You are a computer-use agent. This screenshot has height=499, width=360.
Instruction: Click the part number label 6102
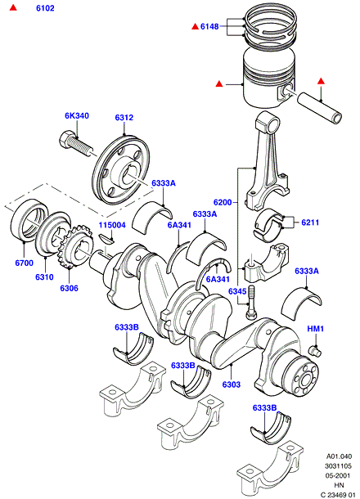point(45,8)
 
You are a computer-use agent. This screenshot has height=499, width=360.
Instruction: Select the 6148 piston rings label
point(209,26)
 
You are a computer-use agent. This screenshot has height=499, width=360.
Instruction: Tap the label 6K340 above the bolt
point(77,116)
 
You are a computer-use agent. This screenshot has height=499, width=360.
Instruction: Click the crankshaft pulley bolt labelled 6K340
point(76,146)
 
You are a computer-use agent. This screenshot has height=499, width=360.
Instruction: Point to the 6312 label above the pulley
point(124,118)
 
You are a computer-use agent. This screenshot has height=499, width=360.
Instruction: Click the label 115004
point(112,225)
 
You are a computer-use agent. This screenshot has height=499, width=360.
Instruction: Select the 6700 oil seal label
point(25,263)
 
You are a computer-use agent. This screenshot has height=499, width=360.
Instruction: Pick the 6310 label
point(44,276)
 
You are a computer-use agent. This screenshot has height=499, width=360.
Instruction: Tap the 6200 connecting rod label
point(223,202)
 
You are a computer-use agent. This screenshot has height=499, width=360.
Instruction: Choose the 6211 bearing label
point(310,223)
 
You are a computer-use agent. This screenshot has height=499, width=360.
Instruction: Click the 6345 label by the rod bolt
point(237,291)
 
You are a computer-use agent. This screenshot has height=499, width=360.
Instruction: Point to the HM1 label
point(316,329)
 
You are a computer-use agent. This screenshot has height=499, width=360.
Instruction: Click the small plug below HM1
point(315,351)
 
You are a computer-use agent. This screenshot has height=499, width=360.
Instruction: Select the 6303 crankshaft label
point(232,384)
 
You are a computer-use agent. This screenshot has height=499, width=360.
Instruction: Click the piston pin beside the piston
point(320,108)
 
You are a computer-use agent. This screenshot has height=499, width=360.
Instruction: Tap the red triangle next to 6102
point(13,7)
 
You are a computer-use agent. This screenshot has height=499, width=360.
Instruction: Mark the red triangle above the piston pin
point(321,81)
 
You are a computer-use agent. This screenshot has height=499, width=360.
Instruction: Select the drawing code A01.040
point(339,456)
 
